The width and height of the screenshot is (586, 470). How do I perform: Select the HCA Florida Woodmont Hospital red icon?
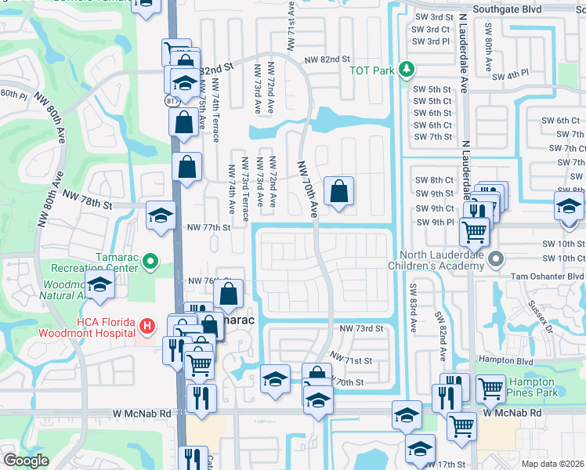(x=146, y=325)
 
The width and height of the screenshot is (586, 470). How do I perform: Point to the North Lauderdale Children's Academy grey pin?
(x=495, y=258)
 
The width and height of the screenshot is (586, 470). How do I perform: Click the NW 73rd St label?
(x=361, y=328)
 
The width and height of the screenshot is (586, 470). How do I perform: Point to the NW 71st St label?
(x=349, y=357)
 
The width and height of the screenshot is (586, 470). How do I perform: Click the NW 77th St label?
(x=208, y=228)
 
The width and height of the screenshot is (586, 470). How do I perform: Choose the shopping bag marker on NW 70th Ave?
(x=338, y=190)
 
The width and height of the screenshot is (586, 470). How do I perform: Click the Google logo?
(x=26, y=461)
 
